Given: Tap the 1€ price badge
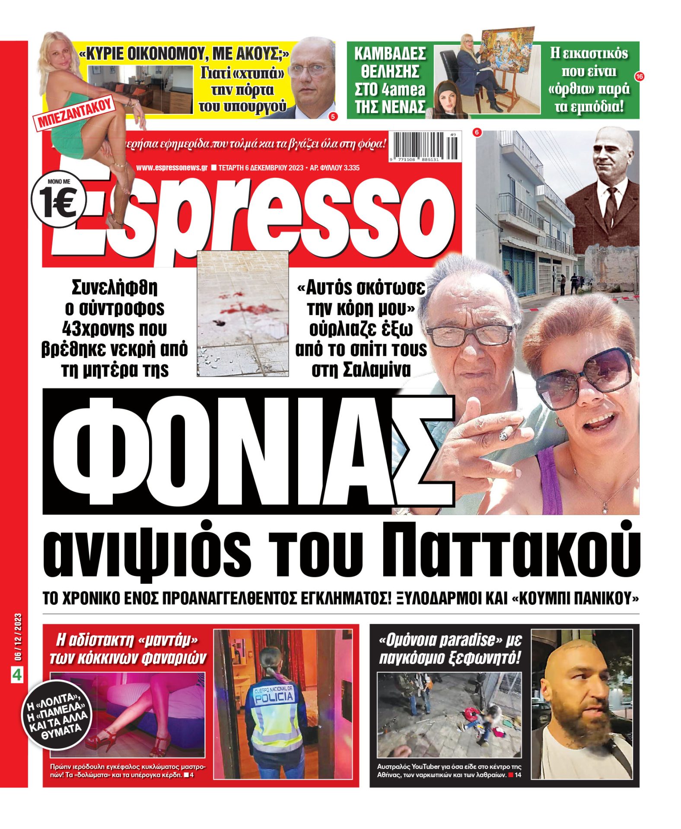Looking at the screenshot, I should [x=58, y=203].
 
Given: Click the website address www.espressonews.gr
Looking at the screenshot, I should [x=172, y=168].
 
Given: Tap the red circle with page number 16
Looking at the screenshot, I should [x=639, y=76].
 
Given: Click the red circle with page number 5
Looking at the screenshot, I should [x=333, y=116].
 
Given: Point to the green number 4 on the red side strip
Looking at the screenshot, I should [x=17, y=675].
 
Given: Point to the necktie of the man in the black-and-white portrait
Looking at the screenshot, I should [x=611, y=206].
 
